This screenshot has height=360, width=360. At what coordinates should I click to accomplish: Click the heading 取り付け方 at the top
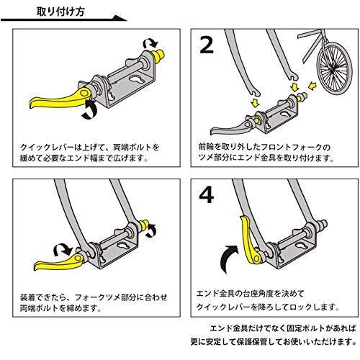click(x=60, y=12)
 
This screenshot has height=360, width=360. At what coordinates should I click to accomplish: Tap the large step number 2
click(x=207, y=45)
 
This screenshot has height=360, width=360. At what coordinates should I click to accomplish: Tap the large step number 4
click(x=207, y=195)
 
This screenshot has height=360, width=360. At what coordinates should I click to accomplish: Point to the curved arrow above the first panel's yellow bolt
click(x=150, y=44)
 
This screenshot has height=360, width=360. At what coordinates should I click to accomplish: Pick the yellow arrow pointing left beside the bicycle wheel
click(x=312, y=86)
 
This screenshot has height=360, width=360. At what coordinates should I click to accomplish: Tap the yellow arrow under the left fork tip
click(x=255, y=102)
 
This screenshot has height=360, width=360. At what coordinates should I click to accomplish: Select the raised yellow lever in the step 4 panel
click(x=250, y=239)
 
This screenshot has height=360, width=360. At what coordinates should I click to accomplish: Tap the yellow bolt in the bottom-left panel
click(x=145, y=225)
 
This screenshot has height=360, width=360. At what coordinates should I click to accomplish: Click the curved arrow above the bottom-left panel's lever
click(x=63, y=251)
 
